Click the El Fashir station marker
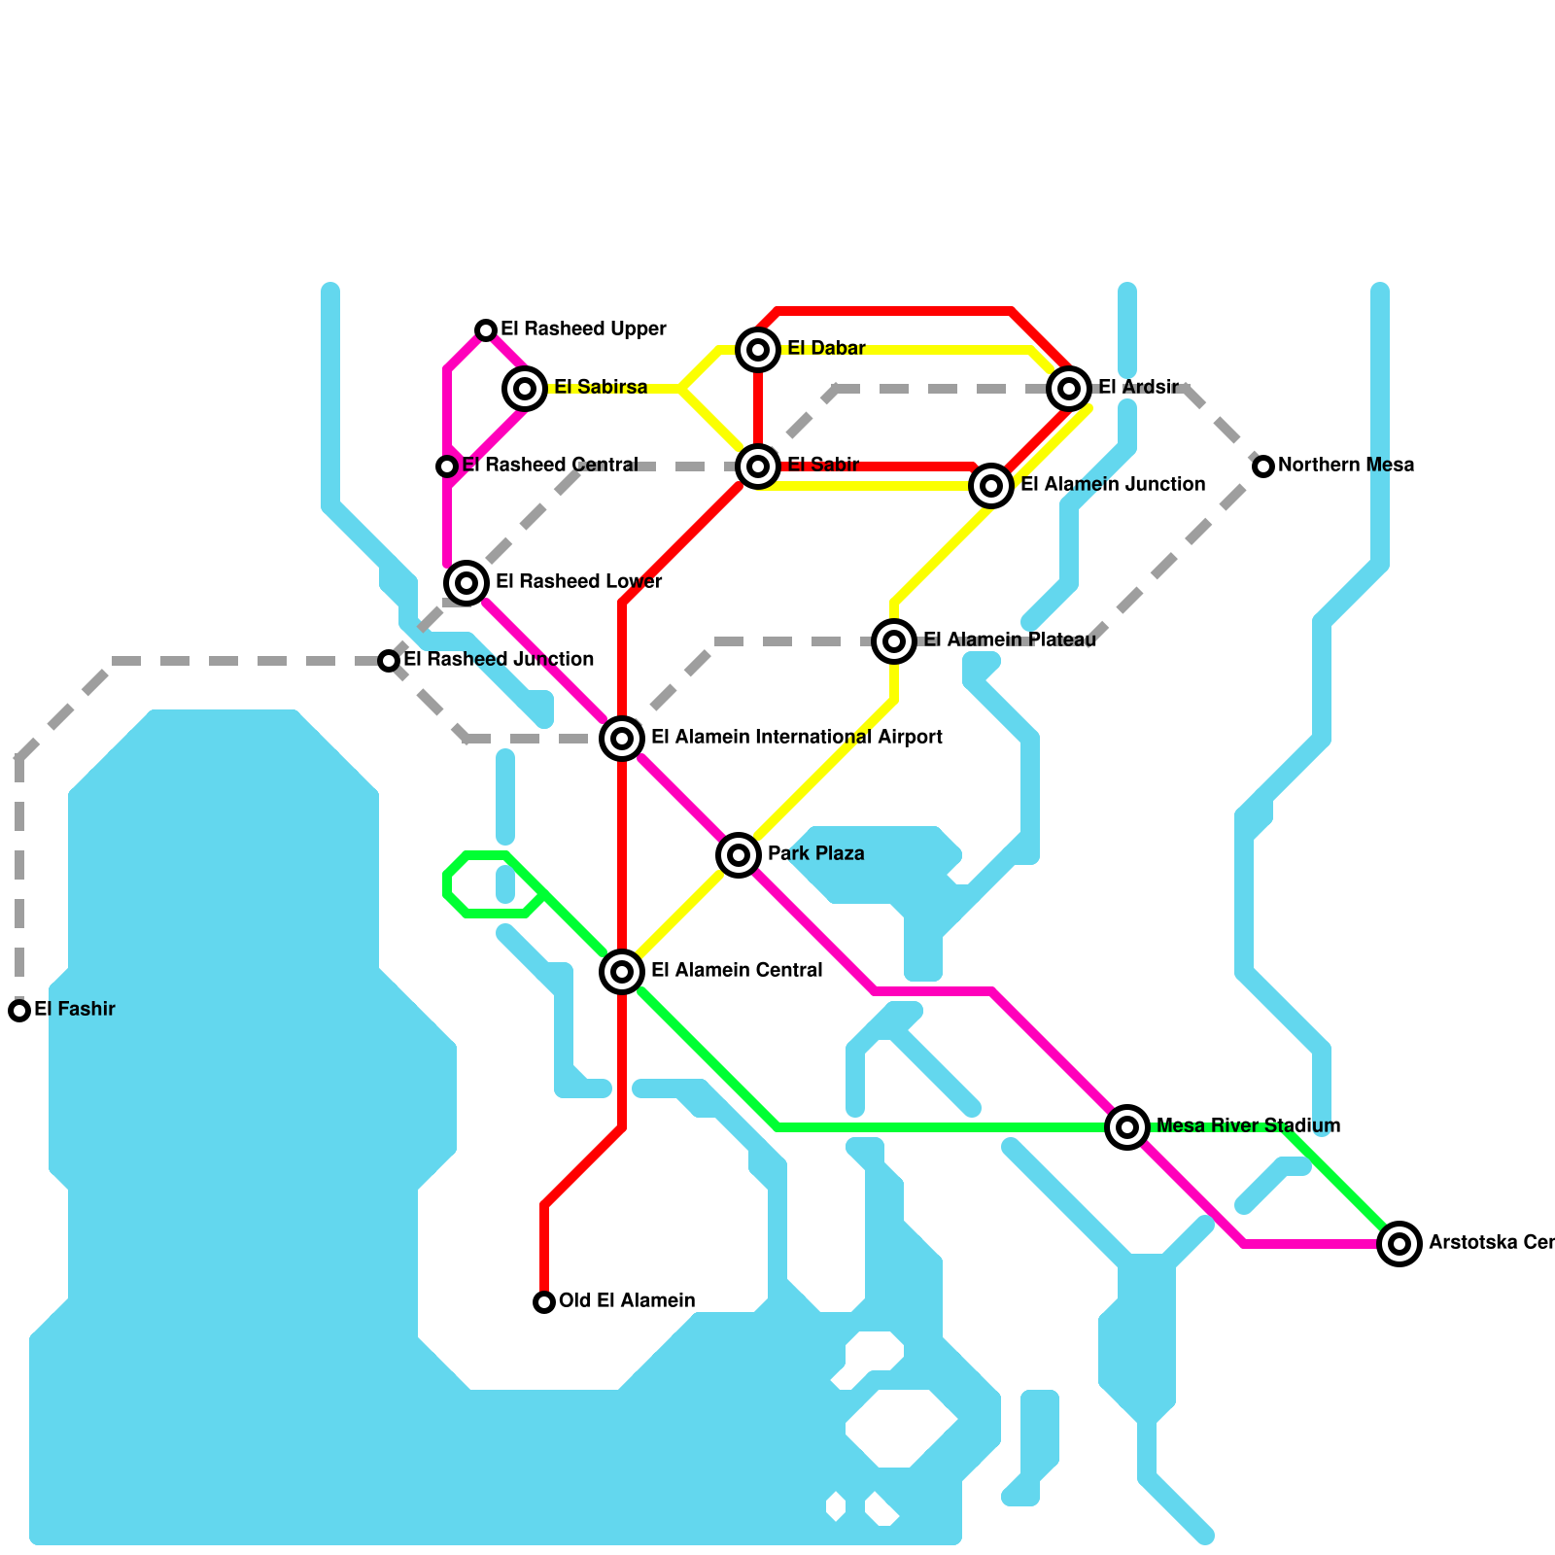[x=19, y=1011]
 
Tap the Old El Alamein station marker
[x=544, y=1302]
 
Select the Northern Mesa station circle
[x=1263, y=466]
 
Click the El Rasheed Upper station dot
[x=486, y=330]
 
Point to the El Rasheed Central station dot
[x=447, y=466]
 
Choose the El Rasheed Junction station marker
[x=389, y=661]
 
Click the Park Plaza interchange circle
[x=739, y=855]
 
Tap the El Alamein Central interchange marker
[x=622, y=972]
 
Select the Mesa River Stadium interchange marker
[x=1127, y=1127]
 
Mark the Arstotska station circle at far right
[x=1399, y=1244]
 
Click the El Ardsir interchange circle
[x=1069, y=389]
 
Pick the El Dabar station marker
[x=758, y=350]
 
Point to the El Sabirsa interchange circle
[x=525, y=389]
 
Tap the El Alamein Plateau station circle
[x=894, y=641]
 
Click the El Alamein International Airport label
[x=797, y=738]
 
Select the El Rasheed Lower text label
[x=579, y=582]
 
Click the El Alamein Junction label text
[x=1113, y=485]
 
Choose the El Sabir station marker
[x=758, y=466]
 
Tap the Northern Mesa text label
[x=1346, y=466]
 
